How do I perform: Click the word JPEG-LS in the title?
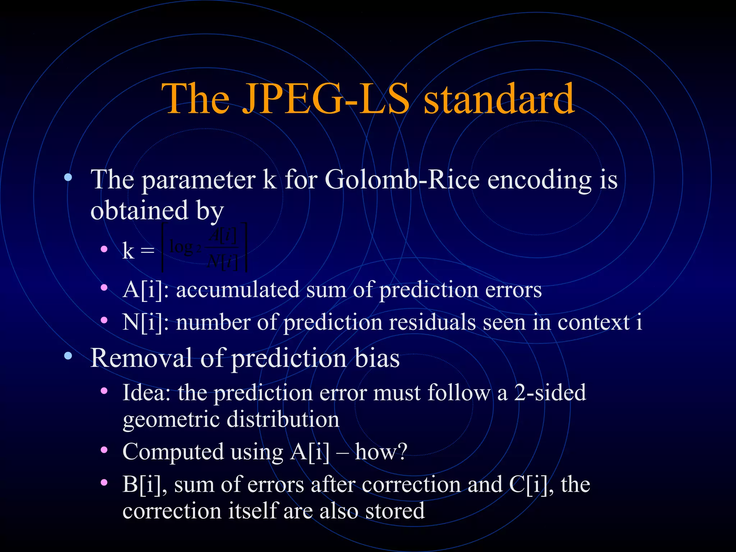tap(326, 99)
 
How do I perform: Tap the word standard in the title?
tap(499, 99)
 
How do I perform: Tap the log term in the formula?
tap(181, 247)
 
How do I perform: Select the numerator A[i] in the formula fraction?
tap(223, 236)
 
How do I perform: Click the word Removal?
tap(141, 358)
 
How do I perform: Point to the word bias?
tap(377, 358)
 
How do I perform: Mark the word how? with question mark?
tap(381, 452)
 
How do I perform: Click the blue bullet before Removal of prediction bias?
tap(68, 356)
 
